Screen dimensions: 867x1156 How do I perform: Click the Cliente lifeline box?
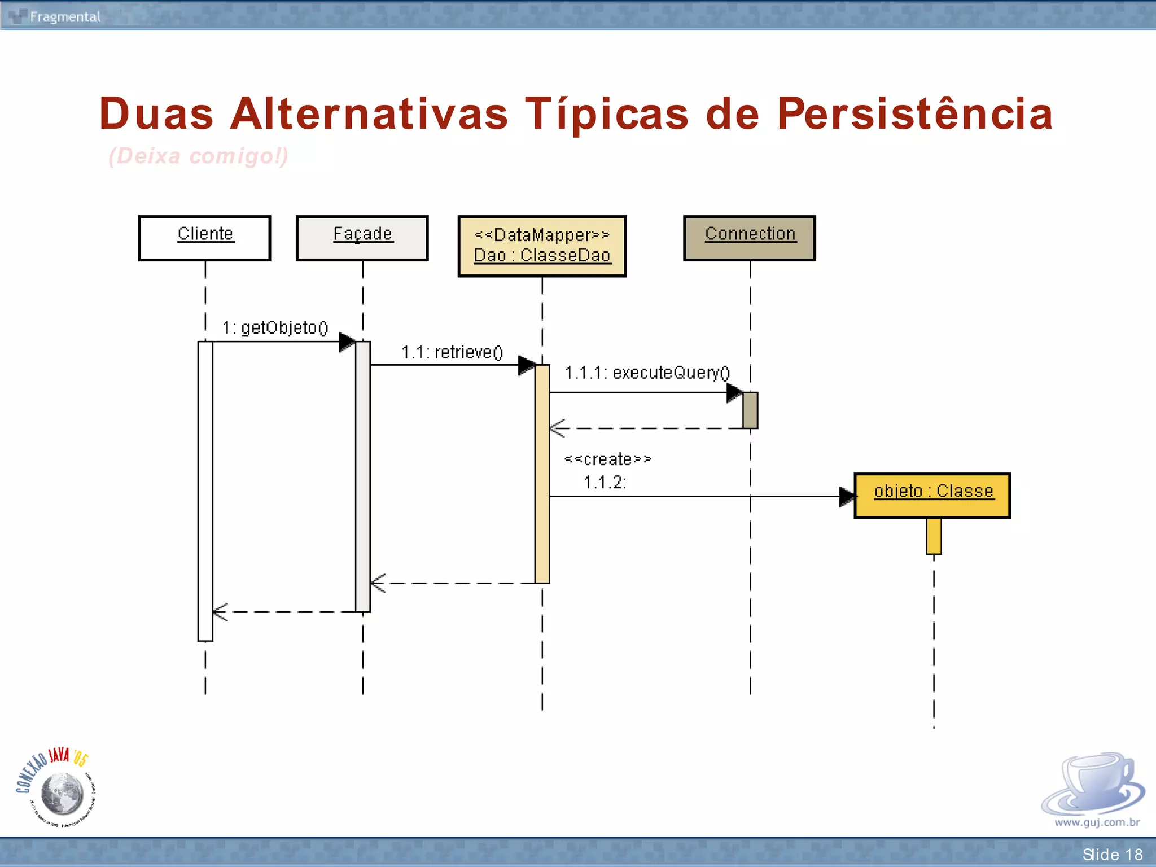tap(204, 238)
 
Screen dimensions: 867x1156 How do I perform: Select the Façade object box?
tap(362, 238)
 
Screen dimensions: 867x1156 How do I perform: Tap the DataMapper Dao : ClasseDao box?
tap(542, 246)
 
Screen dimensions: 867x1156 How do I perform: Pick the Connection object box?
tap(750, 238)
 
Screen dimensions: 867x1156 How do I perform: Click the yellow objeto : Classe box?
tap(932, 495)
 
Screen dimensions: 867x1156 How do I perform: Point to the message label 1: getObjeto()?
tap(275, 328)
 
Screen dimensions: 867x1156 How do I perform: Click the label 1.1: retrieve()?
tap(452, 353)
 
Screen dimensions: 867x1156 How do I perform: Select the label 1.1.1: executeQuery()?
tap(647, 373)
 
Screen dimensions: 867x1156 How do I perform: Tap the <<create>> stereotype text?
tap(608, 459)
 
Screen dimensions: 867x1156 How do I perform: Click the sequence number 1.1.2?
tap(605, 483)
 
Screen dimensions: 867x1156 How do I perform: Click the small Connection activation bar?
tap(750, 410)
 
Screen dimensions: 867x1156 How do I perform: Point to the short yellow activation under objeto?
tap(934, 536)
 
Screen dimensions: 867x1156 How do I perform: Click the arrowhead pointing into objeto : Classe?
tap(847, 497)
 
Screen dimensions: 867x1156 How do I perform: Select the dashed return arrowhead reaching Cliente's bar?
tap(220, 612)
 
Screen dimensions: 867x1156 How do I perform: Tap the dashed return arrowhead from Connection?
tap(558, 428)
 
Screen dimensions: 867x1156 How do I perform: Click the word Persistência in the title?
tap(914, 114)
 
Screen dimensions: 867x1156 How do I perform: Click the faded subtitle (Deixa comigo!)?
tap(198, 156)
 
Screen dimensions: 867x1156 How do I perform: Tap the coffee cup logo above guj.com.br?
tap(1093, 785)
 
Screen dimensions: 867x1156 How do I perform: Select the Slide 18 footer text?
tap(1112, 854)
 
